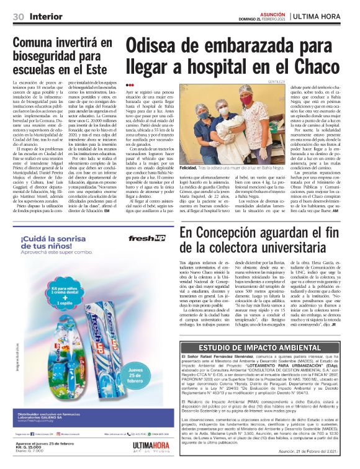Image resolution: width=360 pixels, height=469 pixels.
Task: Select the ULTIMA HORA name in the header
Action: [326, 16]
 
